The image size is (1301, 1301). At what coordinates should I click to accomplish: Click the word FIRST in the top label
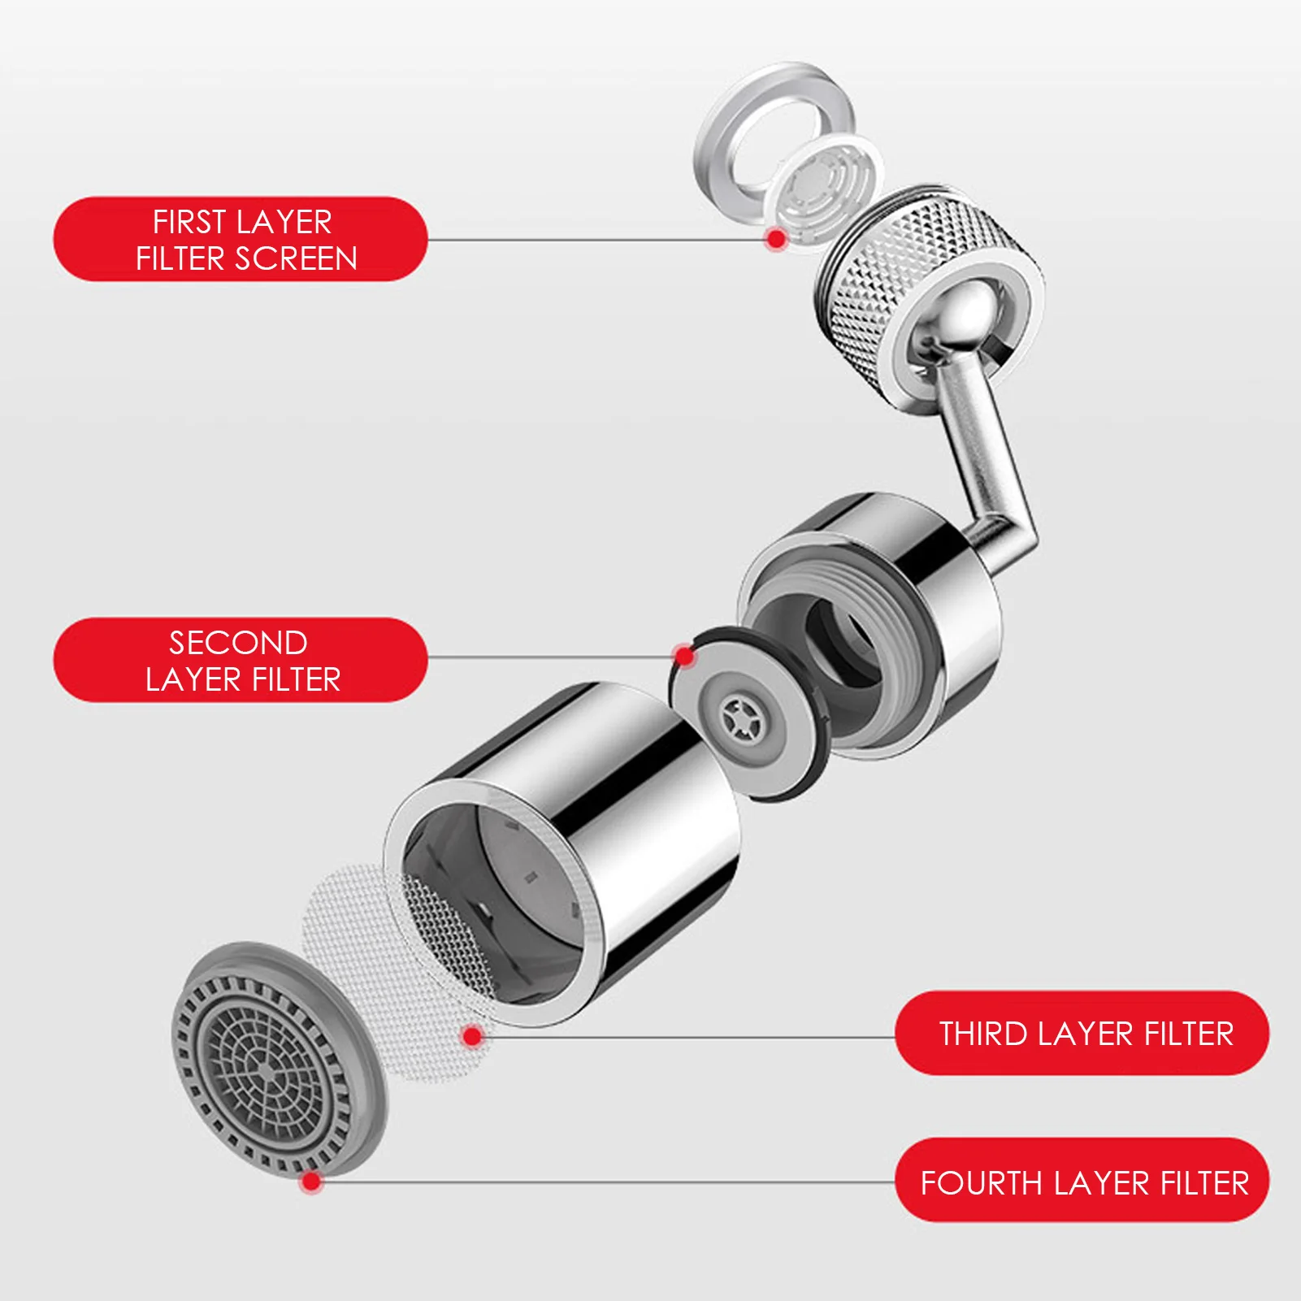point(188,222)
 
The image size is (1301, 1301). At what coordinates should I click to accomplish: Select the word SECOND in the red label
point(238,643)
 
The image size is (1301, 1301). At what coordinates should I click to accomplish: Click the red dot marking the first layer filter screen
point(776,239)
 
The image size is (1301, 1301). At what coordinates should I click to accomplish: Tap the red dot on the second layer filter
point(685,656)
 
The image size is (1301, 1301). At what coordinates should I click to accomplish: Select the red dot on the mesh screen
point(472,1036)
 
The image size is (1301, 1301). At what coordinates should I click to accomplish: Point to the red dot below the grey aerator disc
point(310,1182)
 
